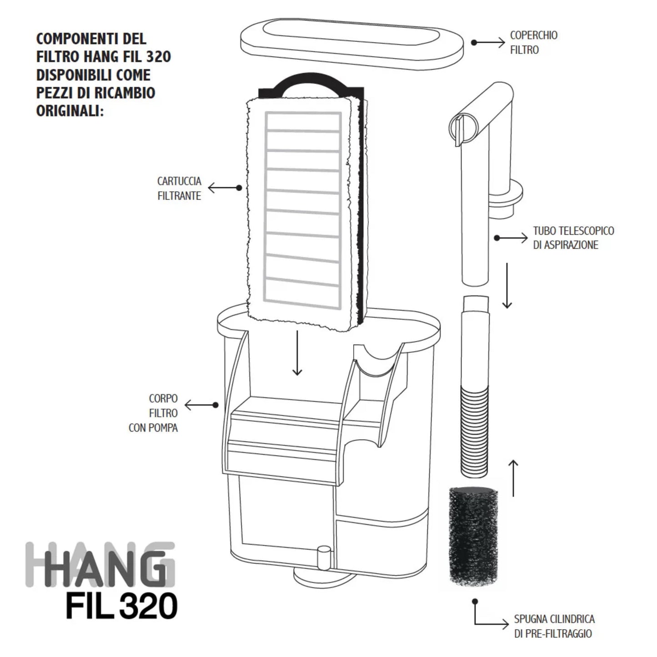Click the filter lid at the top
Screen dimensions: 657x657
click(x=352, y=44)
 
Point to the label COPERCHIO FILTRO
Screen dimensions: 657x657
click(x=534, y=43)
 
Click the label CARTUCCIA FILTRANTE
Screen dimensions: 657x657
click(x=179, y=188)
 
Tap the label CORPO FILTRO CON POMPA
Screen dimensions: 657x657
click(x=153, y=413)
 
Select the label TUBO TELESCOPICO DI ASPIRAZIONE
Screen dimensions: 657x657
click(x=573, y=238)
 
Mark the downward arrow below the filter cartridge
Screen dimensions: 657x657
click(x=297, y=353)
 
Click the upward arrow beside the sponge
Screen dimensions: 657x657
click(x=513, y=478)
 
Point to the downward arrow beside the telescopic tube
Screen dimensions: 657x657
click(x=507, y=286)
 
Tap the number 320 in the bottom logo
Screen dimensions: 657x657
click(x=149, y=606)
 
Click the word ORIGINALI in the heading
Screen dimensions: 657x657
click(x=70, y=111)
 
